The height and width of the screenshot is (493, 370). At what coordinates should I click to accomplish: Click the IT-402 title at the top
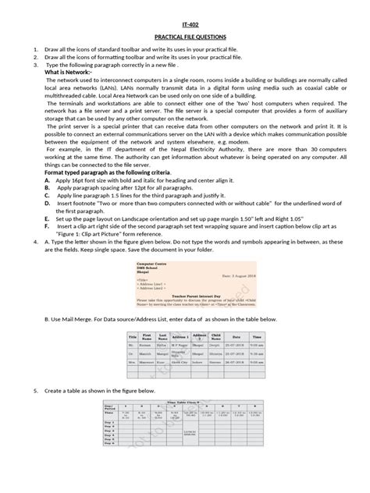coord(185,24)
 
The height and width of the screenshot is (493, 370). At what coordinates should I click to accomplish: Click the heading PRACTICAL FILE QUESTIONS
coord(185,37)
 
